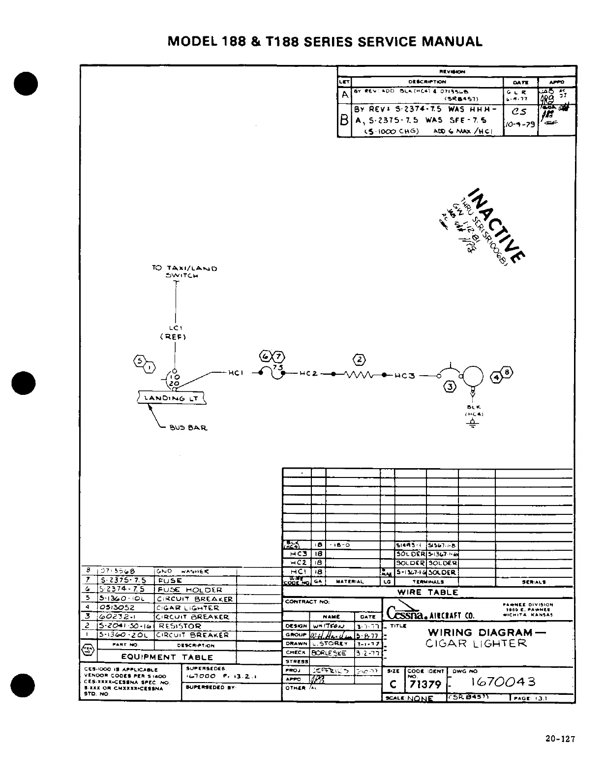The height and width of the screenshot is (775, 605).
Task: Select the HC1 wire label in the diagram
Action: tap(236, 373)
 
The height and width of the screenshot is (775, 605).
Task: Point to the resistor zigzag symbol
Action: tap(360, 375)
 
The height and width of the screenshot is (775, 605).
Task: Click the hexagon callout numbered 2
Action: tap(360, 359)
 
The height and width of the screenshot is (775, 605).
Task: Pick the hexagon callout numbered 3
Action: tap(450, 387)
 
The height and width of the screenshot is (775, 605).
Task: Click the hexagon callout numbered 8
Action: tap(508, 372)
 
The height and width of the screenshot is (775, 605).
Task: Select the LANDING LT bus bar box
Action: tap(171, 398)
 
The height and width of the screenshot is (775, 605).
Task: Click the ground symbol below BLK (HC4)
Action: tap(473, 424)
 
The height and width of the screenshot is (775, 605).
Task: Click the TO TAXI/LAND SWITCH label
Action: tap(184, 271)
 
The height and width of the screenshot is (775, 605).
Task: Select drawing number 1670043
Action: tap(503, 682)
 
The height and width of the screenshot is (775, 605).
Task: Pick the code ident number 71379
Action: tap(425, 684)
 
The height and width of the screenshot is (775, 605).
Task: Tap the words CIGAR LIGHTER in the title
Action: tap(476, 643)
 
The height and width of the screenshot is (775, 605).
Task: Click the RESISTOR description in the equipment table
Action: tap(180, 626)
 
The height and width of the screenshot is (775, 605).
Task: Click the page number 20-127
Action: tap(560, 739)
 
